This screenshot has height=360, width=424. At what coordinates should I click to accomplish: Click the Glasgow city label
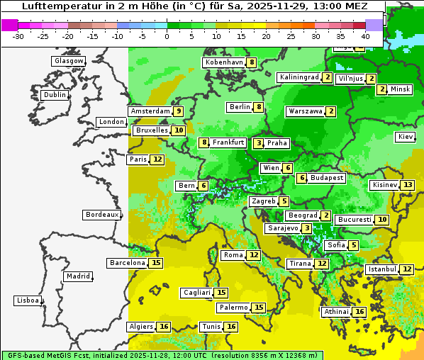click(69, 61)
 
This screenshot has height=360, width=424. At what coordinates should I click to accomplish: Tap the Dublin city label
click(55, 95)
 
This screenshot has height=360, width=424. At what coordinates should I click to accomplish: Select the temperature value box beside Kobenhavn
click(252, 62)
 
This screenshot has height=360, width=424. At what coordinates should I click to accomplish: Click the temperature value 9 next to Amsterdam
click(179, 111)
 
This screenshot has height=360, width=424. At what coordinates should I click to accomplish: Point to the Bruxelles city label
click(151, 130)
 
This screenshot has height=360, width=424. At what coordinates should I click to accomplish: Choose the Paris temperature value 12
click(157, 159)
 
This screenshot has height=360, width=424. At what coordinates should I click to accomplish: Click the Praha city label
click(277, 143)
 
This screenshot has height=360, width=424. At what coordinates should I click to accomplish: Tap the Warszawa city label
click(305, 111)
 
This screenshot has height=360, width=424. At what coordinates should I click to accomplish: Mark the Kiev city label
click(406, 137)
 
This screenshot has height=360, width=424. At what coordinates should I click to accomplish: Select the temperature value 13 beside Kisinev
click(407, 185)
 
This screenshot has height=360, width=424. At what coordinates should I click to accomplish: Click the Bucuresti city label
click(354, 220)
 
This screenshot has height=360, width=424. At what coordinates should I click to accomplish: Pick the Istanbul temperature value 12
click(406, 269)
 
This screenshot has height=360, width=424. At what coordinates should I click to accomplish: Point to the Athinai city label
click(335, 312)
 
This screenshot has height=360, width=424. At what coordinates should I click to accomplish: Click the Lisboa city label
click(28, 300)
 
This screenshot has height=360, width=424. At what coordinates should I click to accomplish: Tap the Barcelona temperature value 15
click(157, 263)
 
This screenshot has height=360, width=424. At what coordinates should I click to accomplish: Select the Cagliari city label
click(196, 293)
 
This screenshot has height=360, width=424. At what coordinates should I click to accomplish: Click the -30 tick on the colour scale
click(18, 35)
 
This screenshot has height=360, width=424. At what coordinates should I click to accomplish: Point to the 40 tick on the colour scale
click(365, 35)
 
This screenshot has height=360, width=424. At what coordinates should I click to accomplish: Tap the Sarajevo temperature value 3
click(306, 228)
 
